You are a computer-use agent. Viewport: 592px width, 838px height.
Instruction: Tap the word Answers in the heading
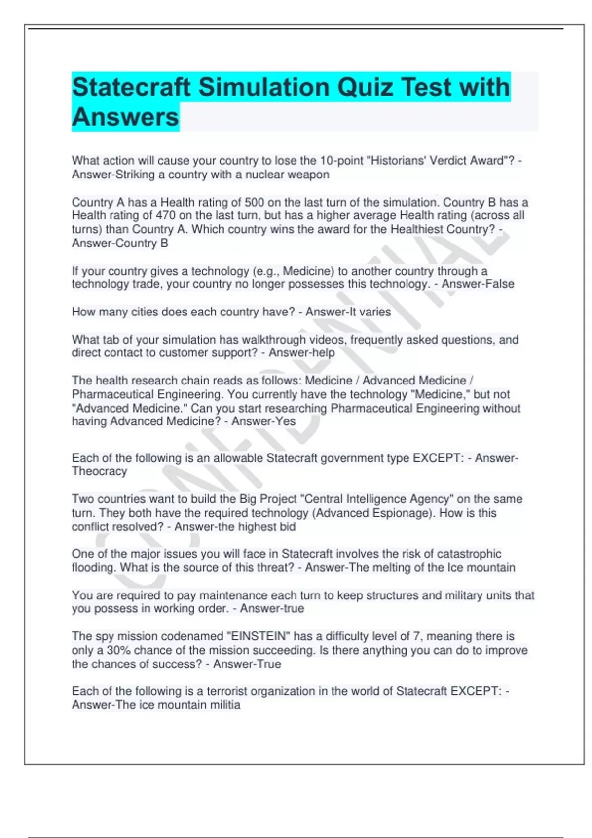coord(125,117)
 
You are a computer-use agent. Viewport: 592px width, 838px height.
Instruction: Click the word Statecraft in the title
coord(131,88)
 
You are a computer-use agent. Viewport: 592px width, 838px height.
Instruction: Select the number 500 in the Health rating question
coord(255,202)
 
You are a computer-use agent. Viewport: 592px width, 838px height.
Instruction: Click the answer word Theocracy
coord(100,471)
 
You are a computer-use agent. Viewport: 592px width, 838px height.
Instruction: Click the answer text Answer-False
coord(478,284)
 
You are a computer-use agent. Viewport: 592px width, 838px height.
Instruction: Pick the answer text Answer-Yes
coord(263,421)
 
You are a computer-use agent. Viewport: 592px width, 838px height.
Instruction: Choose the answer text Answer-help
coord(301,353)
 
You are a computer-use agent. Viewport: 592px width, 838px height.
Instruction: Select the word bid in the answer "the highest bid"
coord(287,527)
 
